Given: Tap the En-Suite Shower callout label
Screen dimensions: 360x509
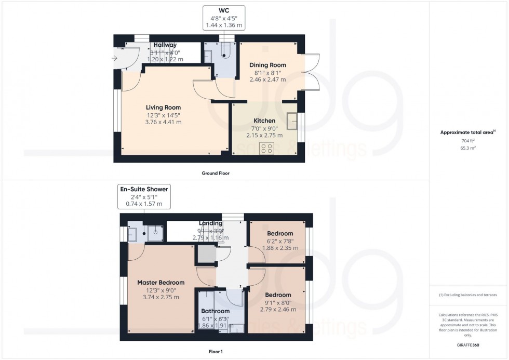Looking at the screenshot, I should coord(144,197).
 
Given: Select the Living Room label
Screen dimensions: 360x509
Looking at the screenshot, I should coord(163,108).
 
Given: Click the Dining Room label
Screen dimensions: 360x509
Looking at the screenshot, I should coord(267,65).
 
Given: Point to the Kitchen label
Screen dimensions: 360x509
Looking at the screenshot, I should coord(264,121).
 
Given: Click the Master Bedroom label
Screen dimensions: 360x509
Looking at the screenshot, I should coord(160,283).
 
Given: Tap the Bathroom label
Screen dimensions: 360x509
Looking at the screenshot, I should coord(215,311).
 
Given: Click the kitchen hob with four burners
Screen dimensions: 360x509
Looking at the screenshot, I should coord(268,149).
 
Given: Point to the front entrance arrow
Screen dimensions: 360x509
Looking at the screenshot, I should coord(115,58).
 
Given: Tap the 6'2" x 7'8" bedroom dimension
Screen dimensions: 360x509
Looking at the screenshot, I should coord(279,241).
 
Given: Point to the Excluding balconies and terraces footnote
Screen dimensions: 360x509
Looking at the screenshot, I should coord(468,295).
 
